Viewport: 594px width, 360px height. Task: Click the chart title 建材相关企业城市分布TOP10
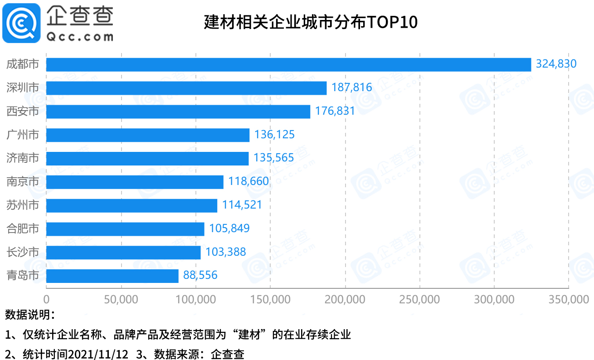311,22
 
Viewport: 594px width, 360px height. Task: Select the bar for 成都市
288,64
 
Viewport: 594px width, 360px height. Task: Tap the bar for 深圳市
186,88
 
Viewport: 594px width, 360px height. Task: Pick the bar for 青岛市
112,276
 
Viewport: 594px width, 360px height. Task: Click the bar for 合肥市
125,229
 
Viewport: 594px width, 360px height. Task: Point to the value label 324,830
556,64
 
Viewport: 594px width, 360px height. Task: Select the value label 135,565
273,158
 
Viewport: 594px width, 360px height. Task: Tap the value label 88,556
200,275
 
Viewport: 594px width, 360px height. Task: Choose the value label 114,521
242,205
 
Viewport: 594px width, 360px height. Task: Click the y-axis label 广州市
23,135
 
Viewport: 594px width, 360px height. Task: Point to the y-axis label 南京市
23,182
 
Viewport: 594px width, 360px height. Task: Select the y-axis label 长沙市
23,252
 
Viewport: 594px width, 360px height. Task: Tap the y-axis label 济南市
23,158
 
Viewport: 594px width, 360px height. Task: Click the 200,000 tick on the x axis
345,300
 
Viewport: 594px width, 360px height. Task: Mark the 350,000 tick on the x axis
568,300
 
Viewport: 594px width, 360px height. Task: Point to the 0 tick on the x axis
46,300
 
